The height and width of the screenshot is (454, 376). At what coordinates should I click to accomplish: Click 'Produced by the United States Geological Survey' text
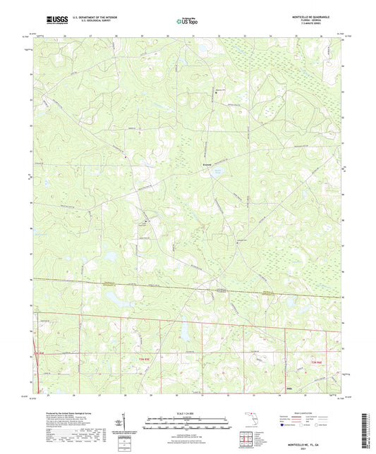pyautogui.click(x=64, y=409)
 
